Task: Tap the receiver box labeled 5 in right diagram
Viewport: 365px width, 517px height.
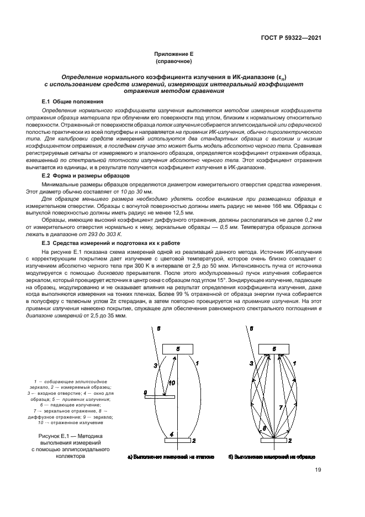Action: [x=277, y=349]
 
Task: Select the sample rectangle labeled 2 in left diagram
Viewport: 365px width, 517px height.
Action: [x=177, y=441]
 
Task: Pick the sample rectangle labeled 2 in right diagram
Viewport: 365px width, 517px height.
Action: [x=277, y=441]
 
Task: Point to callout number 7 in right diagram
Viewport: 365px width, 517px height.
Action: [x=281, y=406]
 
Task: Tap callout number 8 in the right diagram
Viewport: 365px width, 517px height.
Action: [x=264, y=429]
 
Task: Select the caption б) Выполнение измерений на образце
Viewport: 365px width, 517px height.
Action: [x=272, y=457]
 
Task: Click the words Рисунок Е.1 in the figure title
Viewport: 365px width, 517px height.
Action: [x=51, y=436]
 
